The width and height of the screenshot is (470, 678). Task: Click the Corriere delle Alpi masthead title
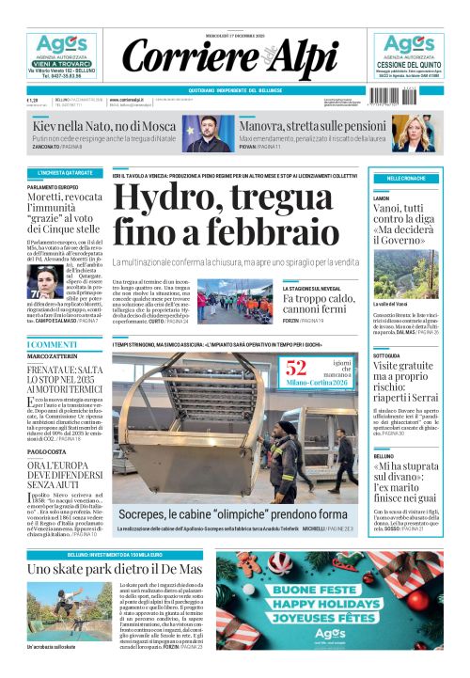tap(234, 58)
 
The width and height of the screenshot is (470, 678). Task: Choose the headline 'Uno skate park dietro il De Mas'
tap(114, 570)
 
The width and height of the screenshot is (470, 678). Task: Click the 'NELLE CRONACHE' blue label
tap(406, 179)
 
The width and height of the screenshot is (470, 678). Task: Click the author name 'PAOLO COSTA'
tap(47, 452)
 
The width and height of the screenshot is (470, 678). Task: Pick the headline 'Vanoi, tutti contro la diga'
tap(406, 226)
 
